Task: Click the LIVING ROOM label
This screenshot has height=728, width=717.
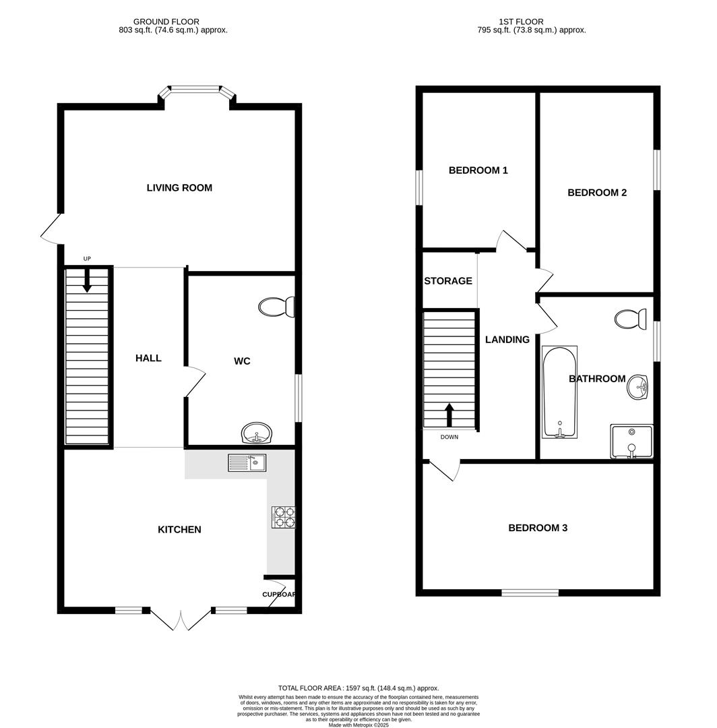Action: coord(179,187)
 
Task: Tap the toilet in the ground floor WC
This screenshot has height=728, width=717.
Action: coord(277,307)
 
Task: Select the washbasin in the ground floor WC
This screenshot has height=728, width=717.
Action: coord(256,433)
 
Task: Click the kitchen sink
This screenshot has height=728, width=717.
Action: coord(247,462)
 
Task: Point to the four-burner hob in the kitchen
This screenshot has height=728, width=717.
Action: coord(283,516)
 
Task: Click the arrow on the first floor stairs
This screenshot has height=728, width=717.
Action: coord(449,415)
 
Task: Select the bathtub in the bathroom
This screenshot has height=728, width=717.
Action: coord(559,392)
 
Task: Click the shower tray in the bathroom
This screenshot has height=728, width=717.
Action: coord(631,442)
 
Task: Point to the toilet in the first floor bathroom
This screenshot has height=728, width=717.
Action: coord(632,317)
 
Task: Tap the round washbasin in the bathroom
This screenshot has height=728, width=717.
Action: coord(637,388)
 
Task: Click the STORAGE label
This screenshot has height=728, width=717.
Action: coord(448,280)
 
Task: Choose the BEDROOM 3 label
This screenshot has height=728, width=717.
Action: coord(538,528)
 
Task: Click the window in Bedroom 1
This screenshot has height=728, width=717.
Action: coord(418,187)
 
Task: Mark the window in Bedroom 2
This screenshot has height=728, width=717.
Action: coord(656,169)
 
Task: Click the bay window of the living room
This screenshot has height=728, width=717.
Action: coord(195,88)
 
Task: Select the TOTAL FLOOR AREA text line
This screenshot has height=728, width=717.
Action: coord(358,688)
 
